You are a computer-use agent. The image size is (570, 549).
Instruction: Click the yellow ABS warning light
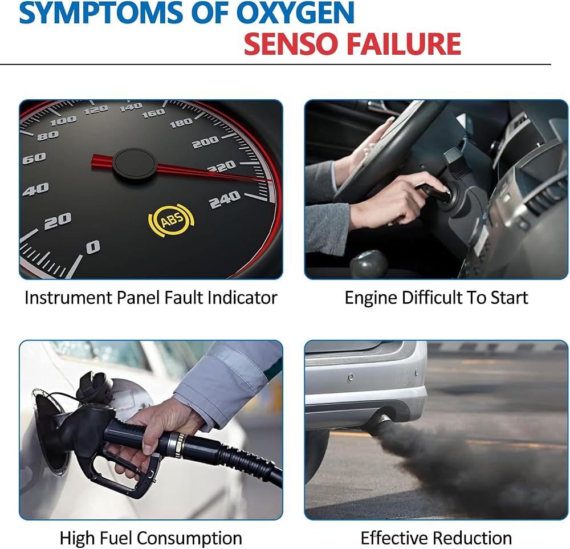(x=171, y=220)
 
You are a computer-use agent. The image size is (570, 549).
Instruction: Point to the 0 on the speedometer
(x=93, y=247)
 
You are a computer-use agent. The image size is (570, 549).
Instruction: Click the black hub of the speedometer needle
(x=135, y=164)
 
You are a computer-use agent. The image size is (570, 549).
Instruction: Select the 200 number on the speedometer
(x=205, y=142)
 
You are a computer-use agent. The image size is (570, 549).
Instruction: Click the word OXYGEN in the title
(x=295, y=13)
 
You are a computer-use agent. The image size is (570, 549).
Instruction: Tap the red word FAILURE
(x=404, y=44)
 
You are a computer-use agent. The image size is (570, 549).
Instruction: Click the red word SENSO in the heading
(x=292, y=44)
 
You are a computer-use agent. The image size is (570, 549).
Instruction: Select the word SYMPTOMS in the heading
(x=102, y=13)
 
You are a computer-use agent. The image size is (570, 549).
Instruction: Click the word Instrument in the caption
(x=68, y=298)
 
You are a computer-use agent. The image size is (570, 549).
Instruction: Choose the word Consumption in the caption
(x=190, y=538)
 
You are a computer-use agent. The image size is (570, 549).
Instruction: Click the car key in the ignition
(x=433, y=193)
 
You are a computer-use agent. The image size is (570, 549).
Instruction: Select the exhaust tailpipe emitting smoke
(x=378, y=423)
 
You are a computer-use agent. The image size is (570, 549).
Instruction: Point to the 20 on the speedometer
(x=58, y=221)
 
